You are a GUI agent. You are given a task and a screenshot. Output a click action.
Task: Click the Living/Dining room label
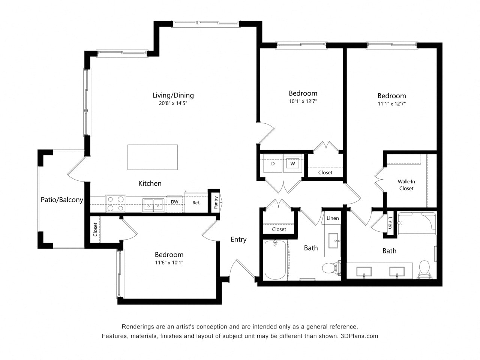pos(173,95)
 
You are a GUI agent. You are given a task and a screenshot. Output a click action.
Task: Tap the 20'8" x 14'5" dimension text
pos(173,103)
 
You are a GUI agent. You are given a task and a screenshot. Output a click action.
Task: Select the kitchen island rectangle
pos(152,157)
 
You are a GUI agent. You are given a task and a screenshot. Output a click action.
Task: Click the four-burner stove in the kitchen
pos(115,204)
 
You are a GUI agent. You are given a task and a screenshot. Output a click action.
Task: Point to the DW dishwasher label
pos(174,202)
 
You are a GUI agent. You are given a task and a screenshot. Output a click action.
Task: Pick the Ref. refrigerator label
pos(196,203)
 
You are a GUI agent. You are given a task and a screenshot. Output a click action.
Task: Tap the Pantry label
pos(216,202)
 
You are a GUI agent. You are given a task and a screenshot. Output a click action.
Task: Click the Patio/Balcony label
pos(62,200)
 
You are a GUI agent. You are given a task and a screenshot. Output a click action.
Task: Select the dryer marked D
pos(273,163)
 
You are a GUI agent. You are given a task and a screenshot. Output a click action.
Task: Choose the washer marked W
pos(292,163)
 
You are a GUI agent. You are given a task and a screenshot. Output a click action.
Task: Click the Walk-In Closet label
pos(406,185)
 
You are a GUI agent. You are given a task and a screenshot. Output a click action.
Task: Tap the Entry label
pos(238,240)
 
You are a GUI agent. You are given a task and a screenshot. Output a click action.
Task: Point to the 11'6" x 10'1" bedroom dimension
pos(169,262)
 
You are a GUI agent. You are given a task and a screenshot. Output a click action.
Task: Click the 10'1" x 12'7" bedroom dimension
pos(303,101)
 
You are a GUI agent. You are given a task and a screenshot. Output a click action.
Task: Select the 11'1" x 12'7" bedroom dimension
pos(391,104)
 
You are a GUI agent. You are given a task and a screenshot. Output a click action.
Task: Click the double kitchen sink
pos(153,205)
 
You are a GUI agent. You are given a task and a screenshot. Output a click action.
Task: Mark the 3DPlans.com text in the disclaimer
pos(359,336)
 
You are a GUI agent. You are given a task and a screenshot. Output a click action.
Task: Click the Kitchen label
pos(150,183)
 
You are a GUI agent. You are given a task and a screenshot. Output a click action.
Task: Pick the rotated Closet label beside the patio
pos(95,229)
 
